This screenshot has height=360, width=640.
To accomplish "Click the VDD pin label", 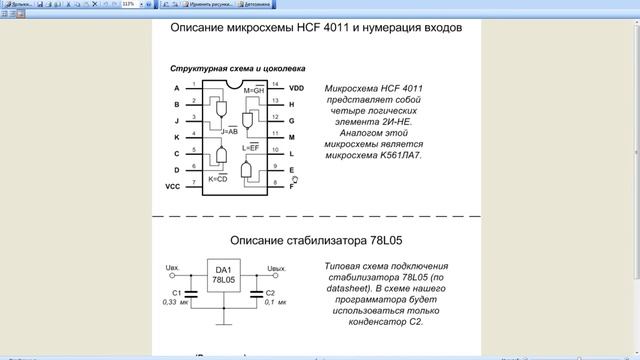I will [297, 88].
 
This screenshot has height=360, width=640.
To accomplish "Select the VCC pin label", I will [174, 186].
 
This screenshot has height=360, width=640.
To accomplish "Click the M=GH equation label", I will [254, 91].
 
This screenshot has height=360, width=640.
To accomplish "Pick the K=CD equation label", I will [219, 178].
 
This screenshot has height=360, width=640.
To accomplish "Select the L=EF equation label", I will [251, 147].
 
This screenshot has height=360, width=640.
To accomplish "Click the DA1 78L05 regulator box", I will [222, 276].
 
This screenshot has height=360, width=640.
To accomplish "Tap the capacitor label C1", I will [175, 291].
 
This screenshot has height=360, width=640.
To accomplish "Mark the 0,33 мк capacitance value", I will [175, 301].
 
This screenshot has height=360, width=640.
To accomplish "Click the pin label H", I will [292, 104].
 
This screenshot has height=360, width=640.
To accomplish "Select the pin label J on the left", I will [176, 120].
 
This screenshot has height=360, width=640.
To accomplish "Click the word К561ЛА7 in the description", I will [388, 157].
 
